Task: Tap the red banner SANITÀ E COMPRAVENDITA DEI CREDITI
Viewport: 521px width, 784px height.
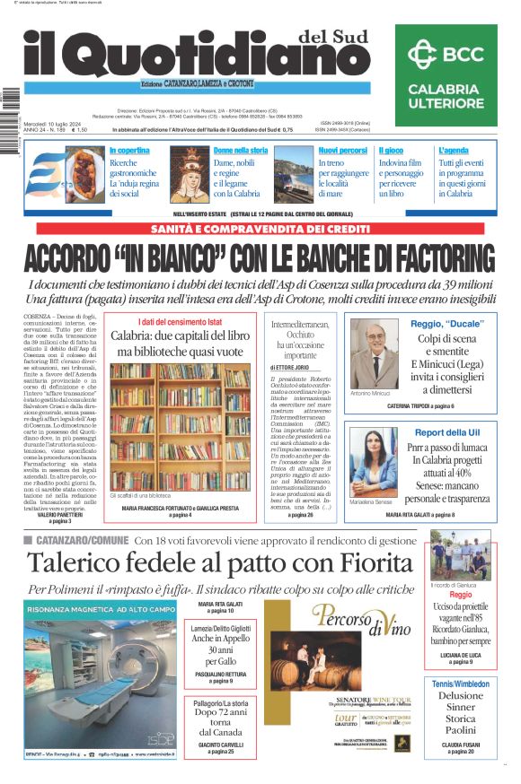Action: [260, 230]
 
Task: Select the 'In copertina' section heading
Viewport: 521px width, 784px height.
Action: [129, 150]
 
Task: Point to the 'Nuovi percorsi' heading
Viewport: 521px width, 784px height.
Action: [342, 150]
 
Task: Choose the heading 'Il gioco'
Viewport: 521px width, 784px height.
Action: [391, 150]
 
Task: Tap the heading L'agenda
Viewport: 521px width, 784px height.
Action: [454, 150]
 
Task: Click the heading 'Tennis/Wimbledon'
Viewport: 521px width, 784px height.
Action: [460, 684]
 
